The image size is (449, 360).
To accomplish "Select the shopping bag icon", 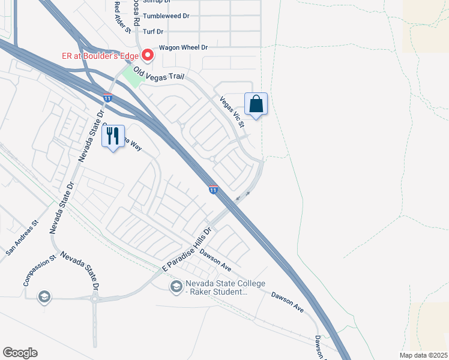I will [x=256, y=104].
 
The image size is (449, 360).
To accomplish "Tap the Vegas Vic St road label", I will [x=232, y=112].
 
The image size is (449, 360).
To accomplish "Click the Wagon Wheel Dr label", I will [x=183, y=47].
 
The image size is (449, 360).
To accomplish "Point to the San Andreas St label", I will [x=22, y=238].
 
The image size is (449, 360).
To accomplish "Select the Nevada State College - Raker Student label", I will [x=216, y=287].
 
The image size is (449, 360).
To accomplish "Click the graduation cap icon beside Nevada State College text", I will [x=176, y=287].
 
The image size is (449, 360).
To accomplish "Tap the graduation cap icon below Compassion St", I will [x=43, y=296].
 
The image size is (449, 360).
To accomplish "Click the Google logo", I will [x=20, y=353].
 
